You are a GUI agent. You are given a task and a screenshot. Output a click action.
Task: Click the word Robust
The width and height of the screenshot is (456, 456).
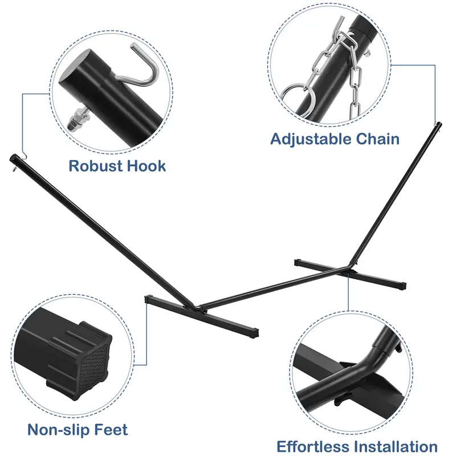(x=95, y=166)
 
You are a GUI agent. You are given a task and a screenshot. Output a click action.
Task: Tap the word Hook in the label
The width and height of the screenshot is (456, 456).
(x=146, y=166)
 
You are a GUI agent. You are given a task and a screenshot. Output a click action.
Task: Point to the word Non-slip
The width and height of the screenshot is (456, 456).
(x=57, y=430)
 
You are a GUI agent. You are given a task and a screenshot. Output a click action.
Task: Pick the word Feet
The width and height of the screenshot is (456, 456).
(x=111, y=430)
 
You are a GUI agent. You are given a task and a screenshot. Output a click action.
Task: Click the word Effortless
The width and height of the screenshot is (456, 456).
(x=314, y=447)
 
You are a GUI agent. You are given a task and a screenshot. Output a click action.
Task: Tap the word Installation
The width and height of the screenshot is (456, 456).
(x=397, y=447)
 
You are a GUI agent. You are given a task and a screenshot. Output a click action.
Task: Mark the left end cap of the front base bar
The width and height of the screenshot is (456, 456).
(x=147, y=299)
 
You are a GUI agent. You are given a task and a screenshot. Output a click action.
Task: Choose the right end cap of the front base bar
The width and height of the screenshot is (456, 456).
(x=255, y=332)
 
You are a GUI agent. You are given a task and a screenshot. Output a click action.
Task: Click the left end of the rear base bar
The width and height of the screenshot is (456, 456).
(x=296, y=263)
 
